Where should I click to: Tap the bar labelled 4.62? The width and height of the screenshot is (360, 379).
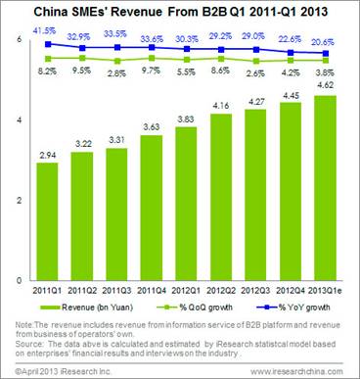point(330,187)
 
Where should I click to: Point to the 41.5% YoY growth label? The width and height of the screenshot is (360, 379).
point(43,32)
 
